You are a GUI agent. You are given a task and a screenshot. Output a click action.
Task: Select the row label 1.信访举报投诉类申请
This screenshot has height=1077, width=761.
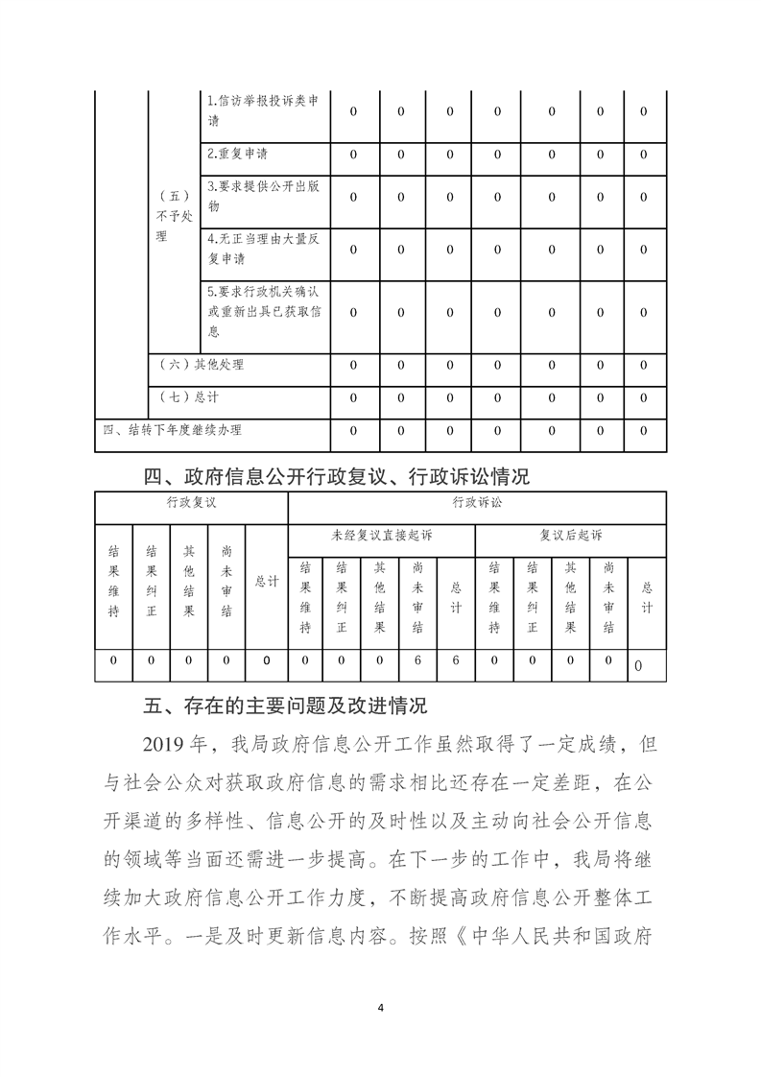pos(263,111)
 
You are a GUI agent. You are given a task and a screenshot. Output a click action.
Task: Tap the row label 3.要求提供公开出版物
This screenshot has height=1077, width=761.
pos(263,197)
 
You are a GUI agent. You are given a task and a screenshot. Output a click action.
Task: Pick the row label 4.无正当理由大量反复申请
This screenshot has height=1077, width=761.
pos(263,250)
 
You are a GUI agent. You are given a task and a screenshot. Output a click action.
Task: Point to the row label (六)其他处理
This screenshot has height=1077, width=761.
pos(202,365)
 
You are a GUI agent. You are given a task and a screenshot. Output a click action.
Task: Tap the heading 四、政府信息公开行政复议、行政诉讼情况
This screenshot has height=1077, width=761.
pos(336,476)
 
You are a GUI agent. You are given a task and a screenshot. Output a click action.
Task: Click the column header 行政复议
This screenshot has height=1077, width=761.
pos(191,502)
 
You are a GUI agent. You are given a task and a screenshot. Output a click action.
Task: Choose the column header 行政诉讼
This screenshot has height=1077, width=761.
pos(477,502)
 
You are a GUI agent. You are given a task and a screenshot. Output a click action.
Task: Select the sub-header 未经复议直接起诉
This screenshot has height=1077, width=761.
pos(382,535)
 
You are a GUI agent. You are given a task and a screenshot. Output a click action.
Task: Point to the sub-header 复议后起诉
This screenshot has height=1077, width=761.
pos(570,535)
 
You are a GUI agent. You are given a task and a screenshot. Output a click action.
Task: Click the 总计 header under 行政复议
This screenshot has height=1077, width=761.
pos(267,582)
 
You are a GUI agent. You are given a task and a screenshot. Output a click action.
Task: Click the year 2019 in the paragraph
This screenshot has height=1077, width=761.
pos(168,745)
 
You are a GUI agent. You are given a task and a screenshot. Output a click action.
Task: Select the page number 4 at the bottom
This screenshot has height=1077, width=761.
pos(381,1007)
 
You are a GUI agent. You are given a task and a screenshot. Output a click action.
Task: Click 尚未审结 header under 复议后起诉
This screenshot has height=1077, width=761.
pos(608,597)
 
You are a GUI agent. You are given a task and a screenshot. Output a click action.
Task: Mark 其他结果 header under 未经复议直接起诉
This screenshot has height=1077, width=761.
pos(380,597)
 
